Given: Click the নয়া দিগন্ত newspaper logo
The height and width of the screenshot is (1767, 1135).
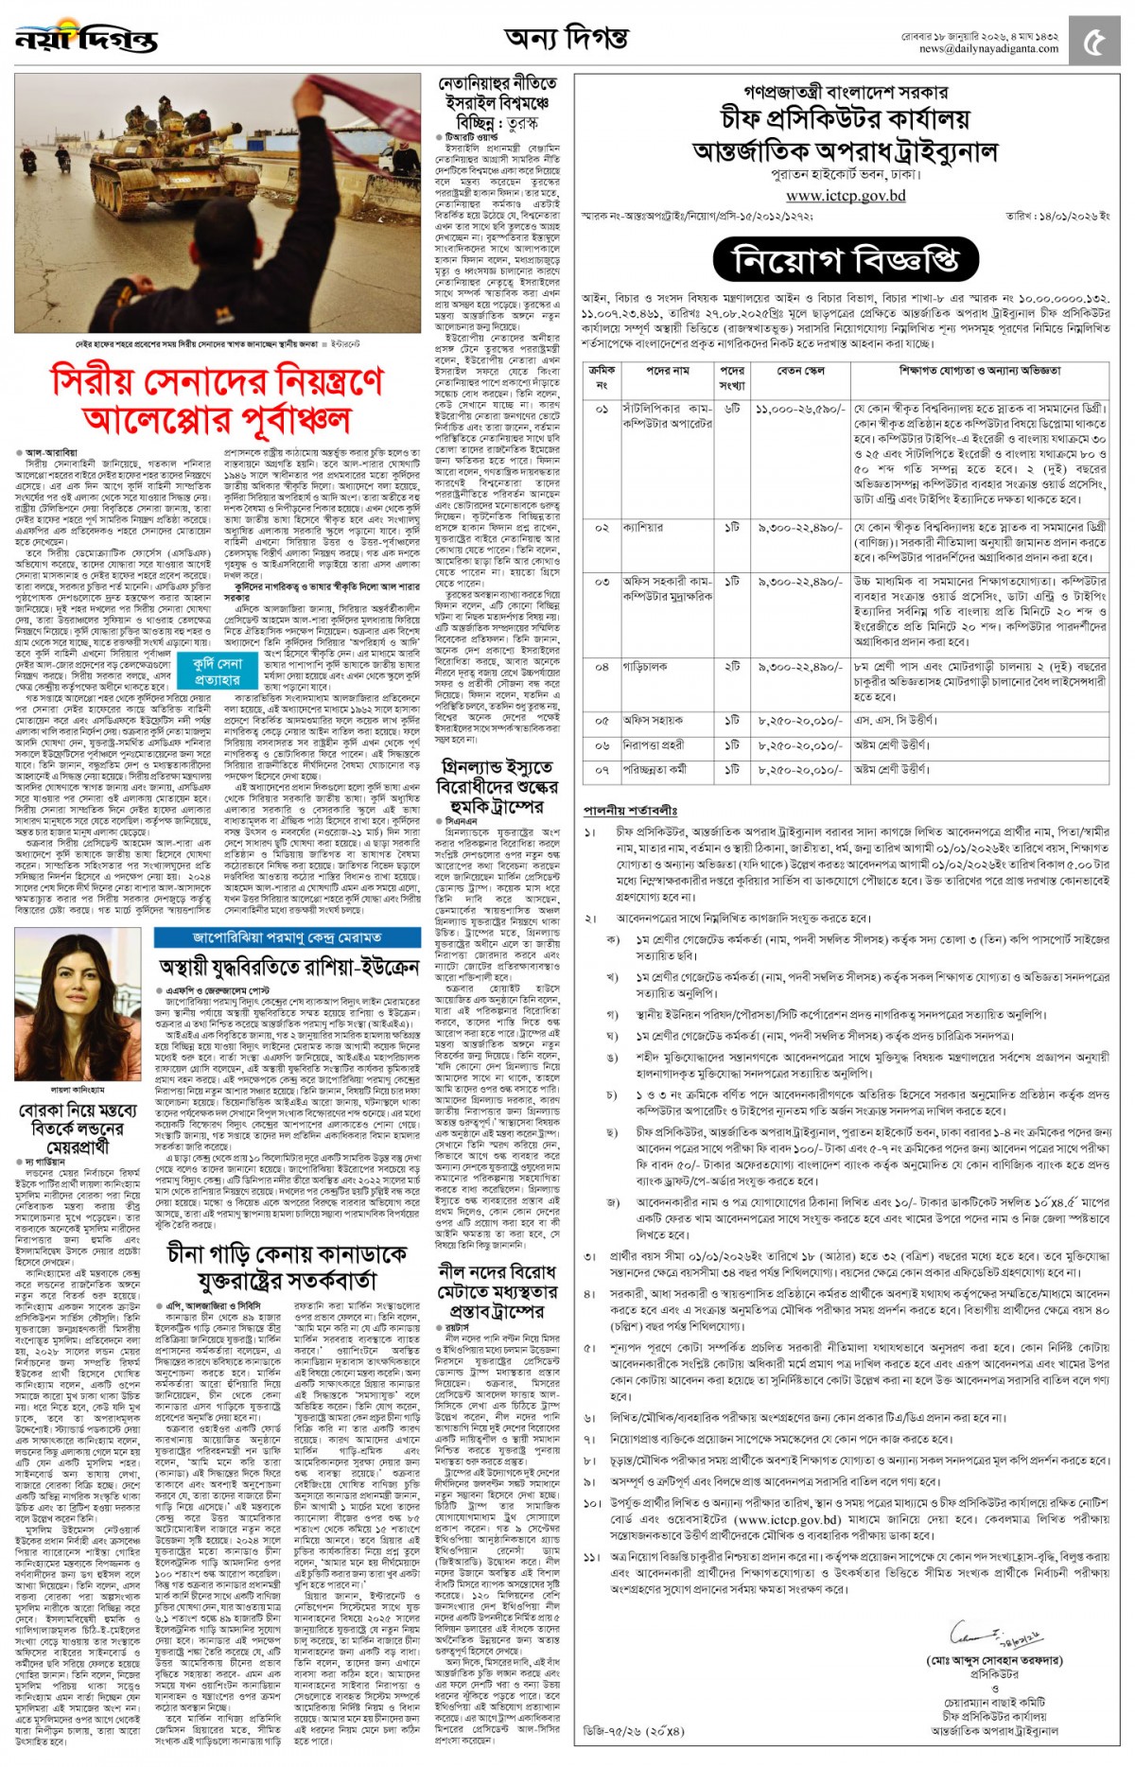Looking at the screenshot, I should click(86, 39).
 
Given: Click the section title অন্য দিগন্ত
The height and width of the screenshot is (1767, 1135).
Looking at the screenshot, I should click(566, 39).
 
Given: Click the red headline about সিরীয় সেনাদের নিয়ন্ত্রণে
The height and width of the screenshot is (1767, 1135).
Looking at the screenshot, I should click(218, 398).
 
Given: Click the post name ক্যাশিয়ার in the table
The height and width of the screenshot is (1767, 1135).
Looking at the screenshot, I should click(643, 527).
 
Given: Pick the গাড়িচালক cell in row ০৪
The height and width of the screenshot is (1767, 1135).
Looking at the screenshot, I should click(645, 666).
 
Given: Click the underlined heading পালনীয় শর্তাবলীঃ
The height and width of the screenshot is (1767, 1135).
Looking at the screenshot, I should click(630, 810).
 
